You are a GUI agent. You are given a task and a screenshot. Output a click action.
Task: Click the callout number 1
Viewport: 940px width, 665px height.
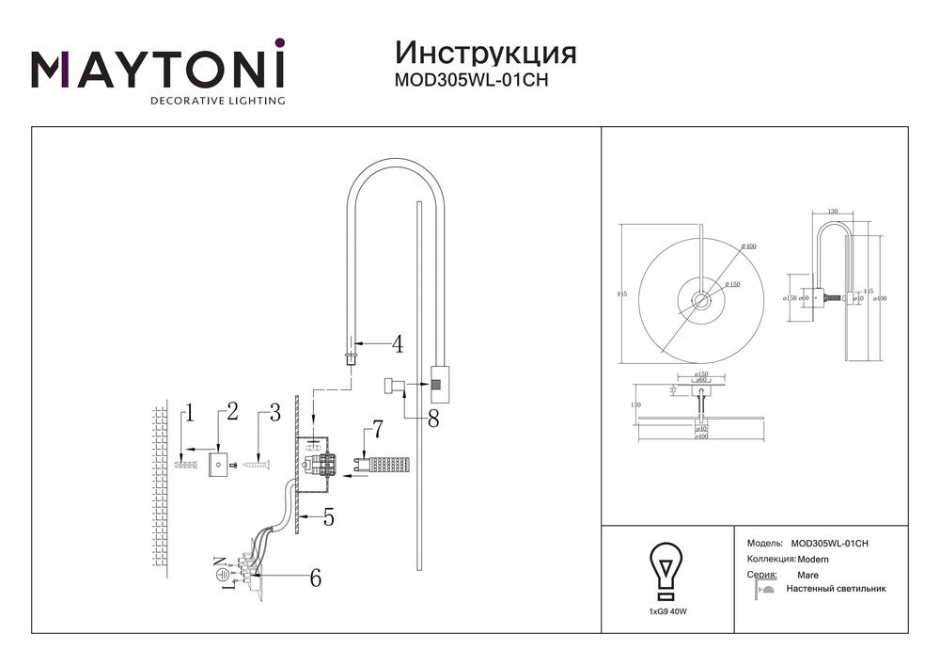(189, 412)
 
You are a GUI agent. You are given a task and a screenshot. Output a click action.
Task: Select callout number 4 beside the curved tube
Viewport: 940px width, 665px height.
(398, 344)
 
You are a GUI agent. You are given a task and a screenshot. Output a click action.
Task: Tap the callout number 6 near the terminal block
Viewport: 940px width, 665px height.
(315, 578)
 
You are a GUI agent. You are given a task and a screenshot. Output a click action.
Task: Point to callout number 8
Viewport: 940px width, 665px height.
(432, 420)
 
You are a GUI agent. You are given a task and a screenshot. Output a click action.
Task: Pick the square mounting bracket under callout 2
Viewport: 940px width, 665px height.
(220, 464)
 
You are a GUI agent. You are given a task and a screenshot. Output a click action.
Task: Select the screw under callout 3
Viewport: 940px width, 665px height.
(255, 463)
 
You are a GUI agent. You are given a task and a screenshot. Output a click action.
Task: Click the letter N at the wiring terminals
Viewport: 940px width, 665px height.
(222, 562)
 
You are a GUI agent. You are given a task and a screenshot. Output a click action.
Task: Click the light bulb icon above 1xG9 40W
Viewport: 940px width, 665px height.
(666, 572)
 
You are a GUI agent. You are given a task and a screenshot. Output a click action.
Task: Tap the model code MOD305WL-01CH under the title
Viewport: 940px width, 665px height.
(470, 80)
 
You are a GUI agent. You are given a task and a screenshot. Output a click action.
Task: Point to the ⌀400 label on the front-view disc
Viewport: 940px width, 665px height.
(749, 246)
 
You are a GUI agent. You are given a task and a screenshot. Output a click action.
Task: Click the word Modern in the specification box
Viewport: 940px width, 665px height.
(814, 559)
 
